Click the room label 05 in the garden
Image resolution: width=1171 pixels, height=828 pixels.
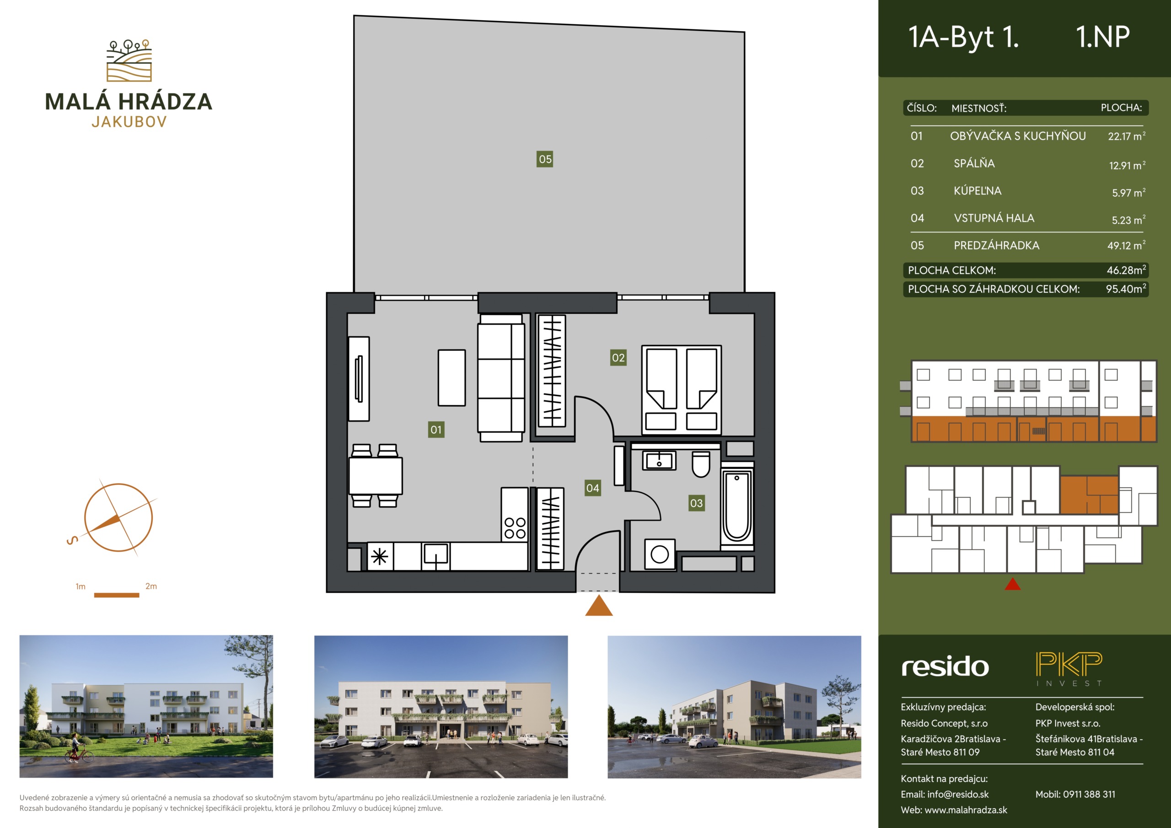click(545, 159)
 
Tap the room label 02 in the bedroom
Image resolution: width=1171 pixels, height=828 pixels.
click(618, 358)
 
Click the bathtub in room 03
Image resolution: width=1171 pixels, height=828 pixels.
click(737, 506)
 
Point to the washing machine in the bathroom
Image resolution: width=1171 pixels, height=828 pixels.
click(660, 554)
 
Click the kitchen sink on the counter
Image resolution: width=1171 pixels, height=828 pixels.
click(435, 555)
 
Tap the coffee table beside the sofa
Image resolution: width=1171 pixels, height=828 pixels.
click(451, 377)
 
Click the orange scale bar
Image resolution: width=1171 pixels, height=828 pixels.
click(116, 595)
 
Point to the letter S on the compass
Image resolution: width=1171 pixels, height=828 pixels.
click(72, 540)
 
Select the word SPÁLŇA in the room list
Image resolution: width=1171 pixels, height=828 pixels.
click(974, 163)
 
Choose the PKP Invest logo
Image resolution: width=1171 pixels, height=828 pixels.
click(1069, 668)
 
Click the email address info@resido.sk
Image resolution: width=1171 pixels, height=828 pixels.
click(958, 794)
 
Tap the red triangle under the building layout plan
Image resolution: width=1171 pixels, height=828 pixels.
click(1012, 584)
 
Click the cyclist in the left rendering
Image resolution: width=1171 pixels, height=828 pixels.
click(78, 749)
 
